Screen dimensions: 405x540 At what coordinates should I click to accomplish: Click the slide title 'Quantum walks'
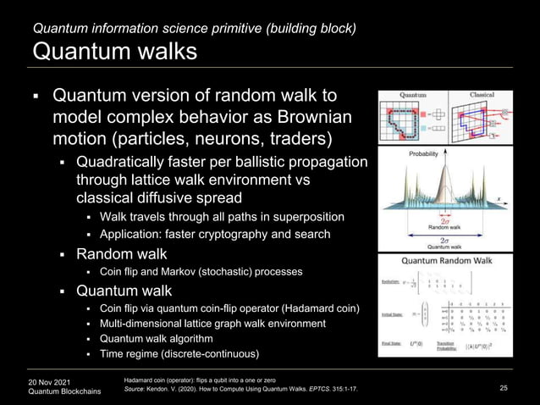[114, 52]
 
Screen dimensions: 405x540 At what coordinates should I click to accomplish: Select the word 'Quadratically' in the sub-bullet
[117, 161]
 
